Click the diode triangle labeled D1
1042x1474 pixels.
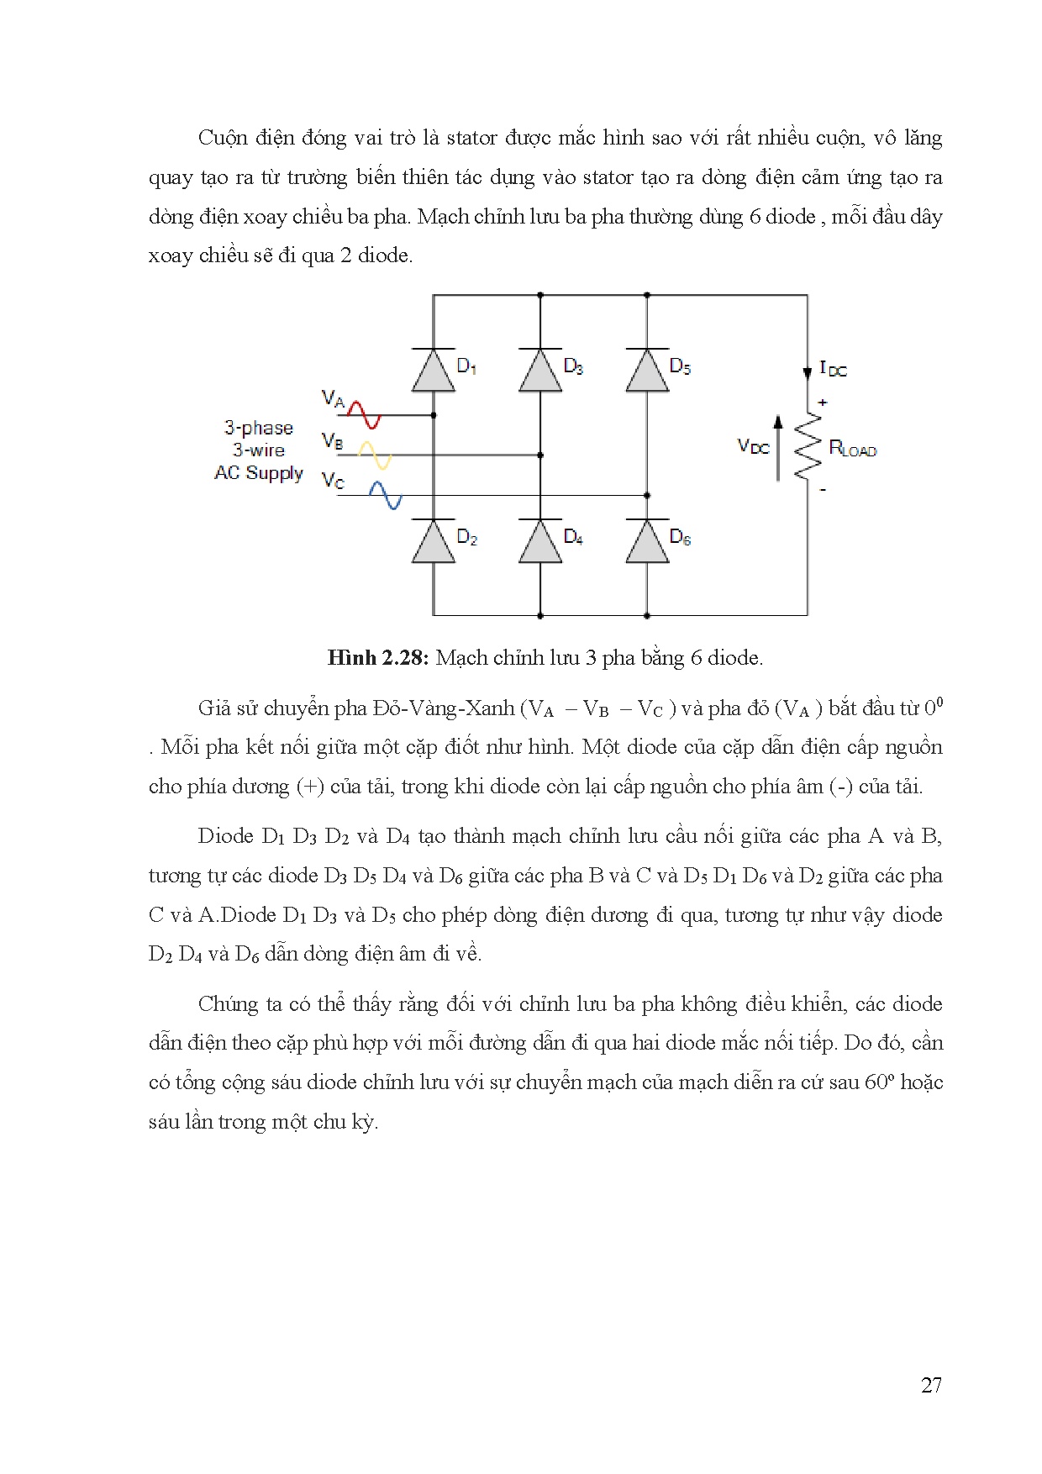coord(434,371)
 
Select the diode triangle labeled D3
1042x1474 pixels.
coord(540,371)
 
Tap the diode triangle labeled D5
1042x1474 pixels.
coord(647,371)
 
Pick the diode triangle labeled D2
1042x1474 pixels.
coord(434,542)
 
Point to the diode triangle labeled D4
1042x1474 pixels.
coord(540,542)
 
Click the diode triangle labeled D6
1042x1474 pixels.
coord(647,542)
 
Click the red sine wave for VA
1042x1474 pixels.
coord(363,413)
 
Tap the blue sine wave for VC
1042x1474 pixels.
coord(385,495)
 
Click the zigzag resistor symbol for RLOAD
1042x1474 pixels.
coord(807,446)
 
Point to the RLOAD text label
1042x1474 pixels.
coord(852,449)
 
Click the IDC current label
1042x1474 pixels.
coord(833,369)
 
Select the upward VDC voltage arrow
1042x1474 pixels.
coord(778,448)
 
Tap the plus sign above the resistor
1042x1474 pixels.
coord(822,403)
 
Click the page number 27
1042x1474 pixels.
coord(931,1386)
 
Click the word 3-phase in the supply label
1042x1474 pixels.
coord(258,428)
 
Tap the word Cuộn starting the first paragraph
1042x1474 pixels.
coord(224,138)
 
